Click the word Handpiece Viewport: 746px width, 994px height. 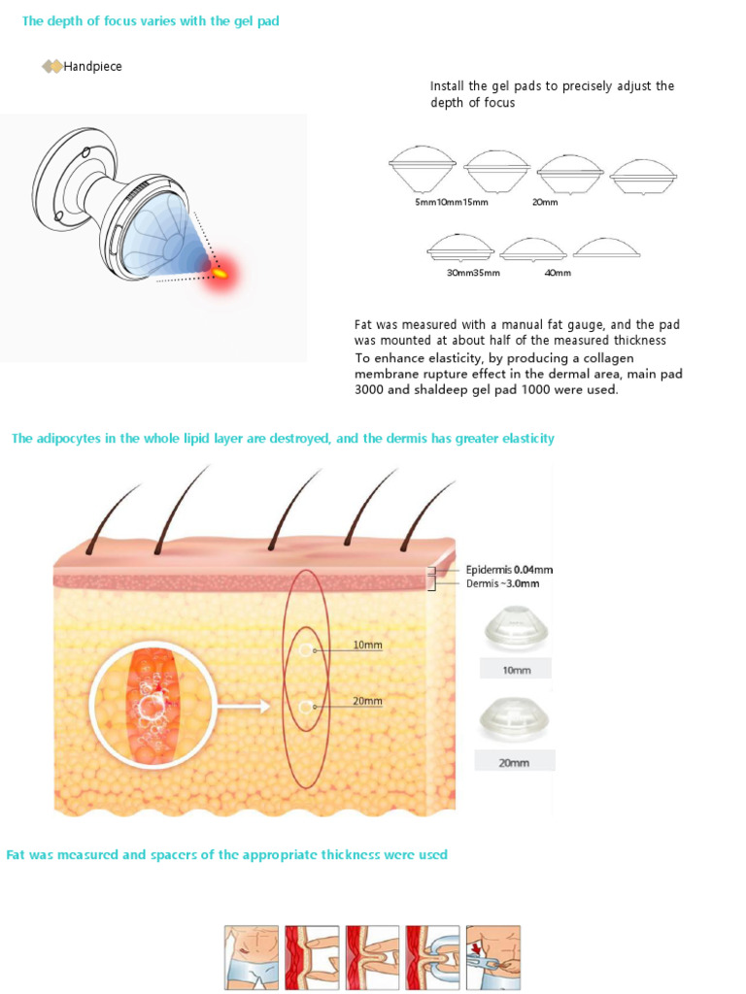[x=92, y=67]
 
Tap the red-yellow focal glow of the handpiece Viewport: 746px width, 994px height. [x=220, y=273]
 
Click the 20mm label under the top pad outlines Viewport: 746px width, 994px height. [x=545, y=202]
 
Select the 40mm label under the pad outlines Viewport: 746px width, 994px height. [x=558, y=273]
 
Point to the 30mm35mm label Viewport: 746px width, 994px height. [x=473, y=273]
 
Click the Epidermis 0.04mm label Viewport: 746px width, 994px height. [x=509, y=570]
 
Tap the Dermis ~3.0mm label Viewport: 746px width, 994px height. [x=503, y=583]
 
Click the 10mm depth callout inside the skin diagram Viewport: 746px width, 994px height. [x=367, y=645]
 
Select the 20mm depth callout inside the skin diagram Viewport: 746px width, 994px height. [x=367, y=701]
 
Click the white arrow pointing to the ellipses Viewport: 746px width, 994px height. [x=244, y=706]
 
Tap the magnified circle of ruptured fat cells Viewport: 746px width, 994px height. [x=153, y=705]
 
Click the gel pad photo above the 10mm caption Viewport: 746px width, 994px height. [x=517, y=628]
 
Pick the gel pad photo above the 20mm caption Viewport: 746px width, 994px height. [x=514, y=719]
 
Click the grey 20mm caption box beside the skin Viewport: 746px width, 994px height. [x=515, y=761]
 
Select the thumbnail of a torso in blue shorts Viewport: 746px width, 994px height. [x=252, y=957]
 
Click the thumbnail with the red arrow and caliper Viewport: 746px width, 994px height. [x=493, y=957]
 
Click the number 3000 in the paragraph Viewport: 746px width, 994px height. [x=369, y=390]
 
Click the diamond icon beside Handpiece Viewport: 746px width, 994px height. [x=52, y=66]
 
